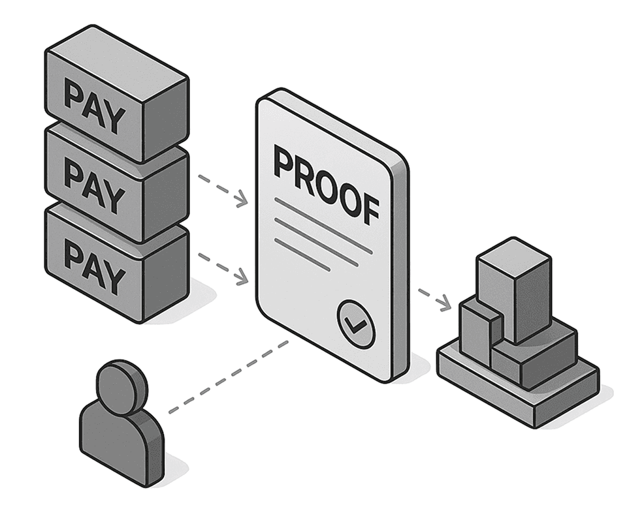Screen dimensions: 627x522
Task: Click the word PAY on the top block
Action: tap(94, 104)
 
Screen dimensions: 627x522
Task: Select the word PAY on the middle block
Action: tap(94, 185)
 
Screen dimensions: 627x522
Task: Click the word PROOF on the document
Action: tap(327, 187)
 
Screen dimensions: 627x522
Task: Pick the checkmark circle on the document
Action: tap(357, 324)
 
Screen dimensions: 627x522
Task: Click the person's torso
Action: tap(122, 443)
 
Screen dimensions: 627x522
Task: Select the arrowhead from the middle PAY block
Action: tap(243, 199)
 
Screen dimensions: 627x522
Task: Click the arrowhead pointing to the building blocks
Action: tap(445, 303)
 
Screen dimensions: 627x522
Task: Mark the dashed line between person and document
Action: tap(229, 376)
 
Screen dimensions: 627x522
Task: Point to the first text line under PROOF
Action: tap(323, 225)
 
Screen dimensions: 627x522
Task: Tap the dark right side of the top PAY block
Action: tap(165, 120)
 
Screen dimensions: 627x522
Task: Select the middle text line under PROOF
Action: tap(316, 241)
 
